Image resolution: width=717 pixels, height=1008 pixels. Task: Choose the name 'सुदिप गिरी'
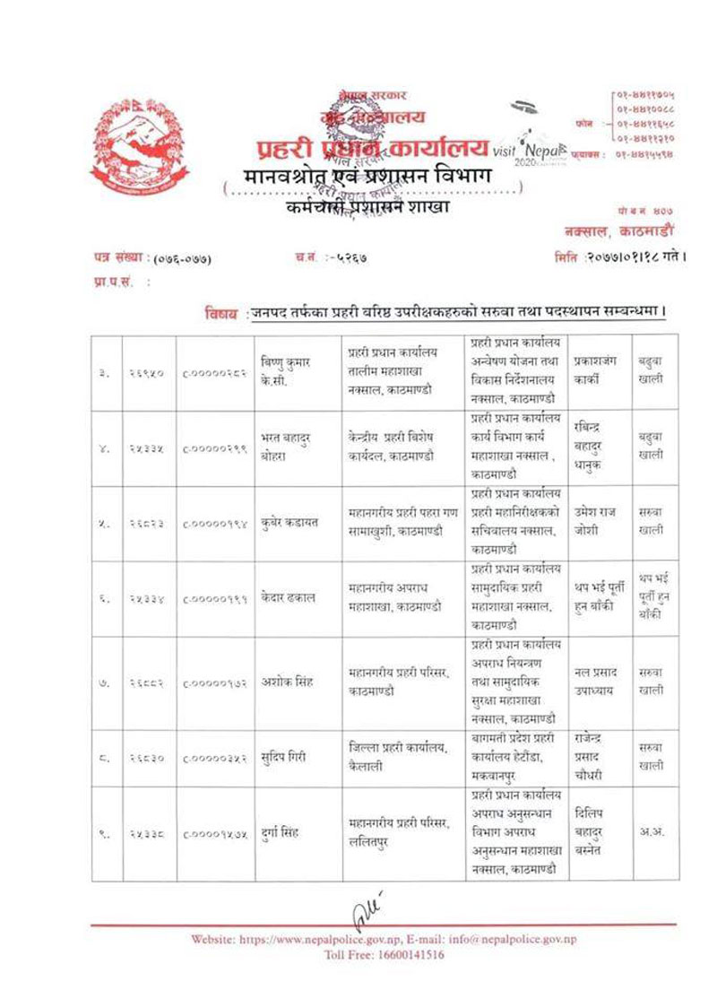(x=286, y=758)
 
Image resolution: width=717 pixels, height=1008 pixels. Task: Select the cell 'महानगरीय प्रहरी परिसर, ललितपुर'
(x=399, y=833)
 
